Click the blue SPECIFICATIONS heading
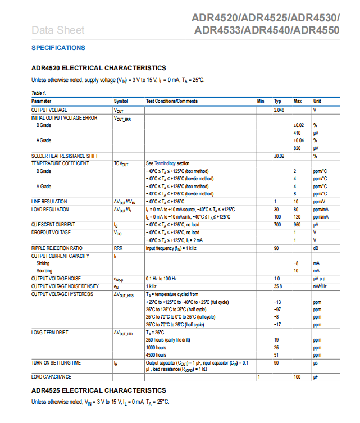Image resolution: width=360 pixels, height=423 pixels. tap(58, 48)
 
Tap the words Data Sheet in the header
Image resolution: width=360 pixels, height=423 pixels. tap(58, 30)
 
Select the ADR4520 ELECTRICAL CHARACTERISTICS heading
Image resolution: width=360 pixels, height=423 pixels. tap(98, 68)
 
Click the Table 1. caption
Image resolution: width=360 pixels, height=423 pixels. tap(39, 93)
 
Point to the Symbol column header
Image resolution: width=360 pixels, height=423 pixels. tap(121, 101)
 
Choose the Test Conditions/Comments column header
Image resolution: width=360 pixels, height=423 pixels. tap(172, 101)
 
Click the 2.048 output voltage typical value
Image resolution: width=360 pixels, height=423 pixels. tap(279, 110)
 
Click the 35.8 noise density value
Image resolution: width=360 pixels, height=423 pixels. tap(277, 286)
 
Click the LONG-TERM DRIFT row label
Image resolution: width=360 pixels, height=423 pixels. tap(50, 333)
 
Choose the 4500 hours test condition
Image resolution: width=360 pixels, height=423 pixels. tap(156, 355)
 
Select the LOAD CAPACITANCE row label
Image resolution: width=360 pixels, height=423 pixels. tap(52, 376)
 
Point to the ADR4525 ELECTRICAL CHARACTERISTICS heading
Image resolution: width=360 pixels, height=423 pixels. tap(98, 390)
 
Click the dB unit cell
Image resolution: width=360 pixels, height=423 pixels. tap(316, 248)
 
